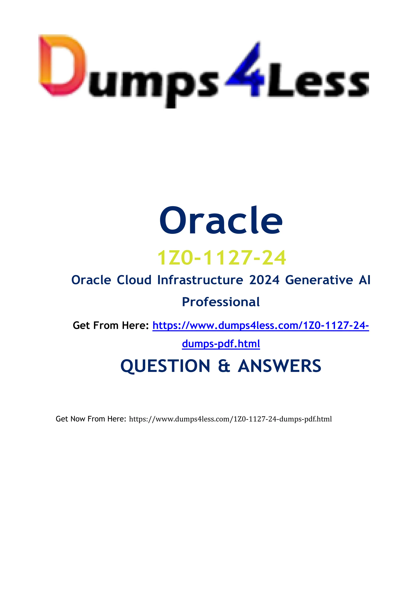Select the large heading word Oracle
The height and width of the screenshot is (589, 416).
pyautogui.click(x=221, y=221)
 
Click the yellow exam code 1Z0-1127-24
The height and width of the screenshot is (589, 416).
pyautogui.click(x=221, y=258)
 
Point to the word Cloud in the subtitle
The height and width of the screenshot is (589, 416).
pyautogui.click(x=134, y=280)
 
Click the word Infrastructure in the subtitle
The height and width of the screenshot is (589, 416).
pyautogui.click(x=200, y=280)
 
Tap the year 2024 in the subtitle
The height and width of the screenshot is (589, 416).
pyautogui.click(x=264, y=280)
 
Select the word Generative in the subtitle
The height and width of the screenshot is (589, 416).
pyautogui.click(x=319, y=280)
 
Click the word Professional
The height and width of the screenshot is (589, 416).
pyautogui.click(x=221, y=302)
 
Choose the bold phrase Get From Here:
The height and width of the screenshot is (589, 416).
pyautogui.click(x=111, y=326)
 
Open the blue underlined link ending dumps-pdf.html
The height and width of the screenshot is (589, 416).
pyautogui.click(x=221, y=344)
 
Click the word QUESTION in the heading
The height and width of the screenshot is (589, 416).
pyautogui.click(x=165, y=366)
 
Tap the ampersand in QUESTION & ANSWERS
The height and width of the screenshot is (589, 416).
pyautogui.click(x=224, y=366)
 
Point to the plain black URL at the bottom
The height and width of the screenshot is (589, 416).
pyautogui.click(x=230, y=419)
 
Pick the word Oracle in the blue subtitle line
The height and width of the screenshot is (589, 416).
pyautogui.click(x=91, y=280)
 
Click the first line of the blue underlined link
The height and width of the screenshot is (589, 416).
pyautogui.click(x=261, y=326)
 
